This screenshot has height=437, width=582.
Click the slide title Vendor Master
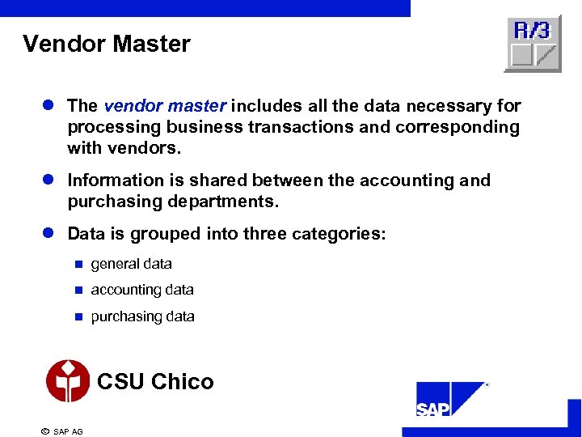(x=107, y=44)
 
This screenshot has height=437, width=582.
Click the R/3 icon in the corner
(x=532, y=44)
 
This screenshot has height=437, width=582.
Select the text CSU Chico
(x=155, y=381)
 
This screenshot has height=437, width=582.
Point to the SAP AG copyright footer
(x=62, y=431)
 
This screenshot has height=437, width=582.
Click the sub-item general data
(x=131, y=264)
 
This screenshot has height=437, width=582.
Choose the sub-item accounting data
(x=142, y=290)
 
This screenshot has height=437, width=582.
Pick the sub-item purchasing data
(x=142, y=316)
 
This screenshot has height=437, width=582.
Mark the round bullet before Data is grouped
(x=48, y=234)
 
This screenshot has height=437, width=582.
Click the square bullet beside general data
(x=78, y=264)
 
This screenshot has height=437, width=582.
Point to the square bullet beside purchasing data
(x=78, y=316)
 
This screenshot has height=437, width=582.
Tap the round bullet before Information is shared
(x=48, y=180)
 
